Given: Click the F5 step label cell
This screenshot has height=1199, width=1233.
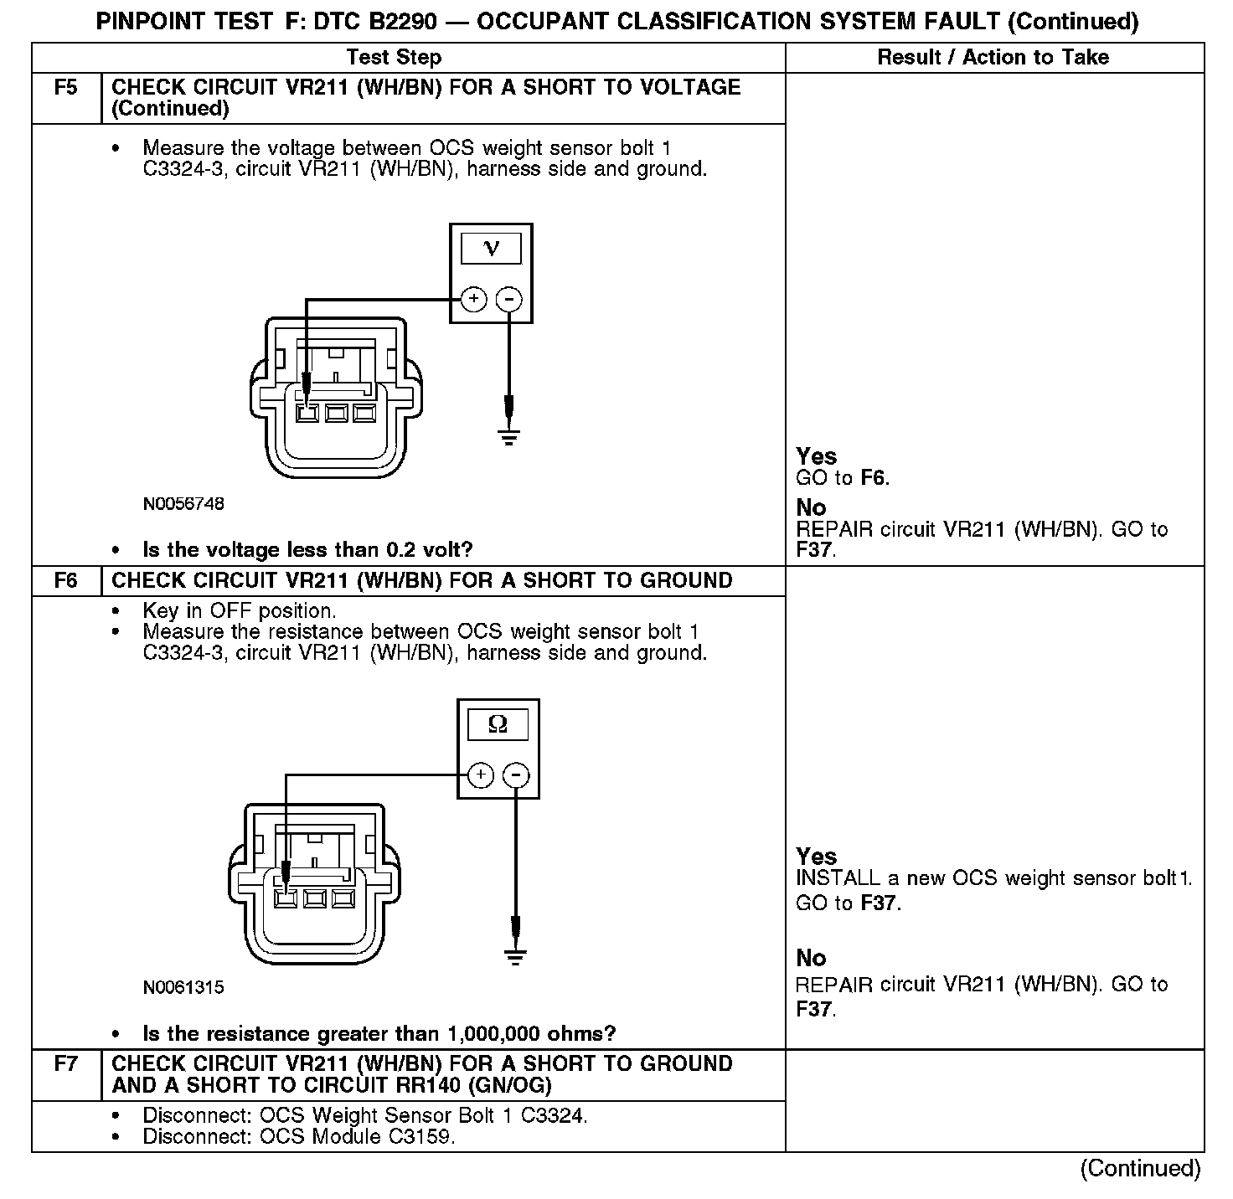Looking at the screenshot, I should (x=65, y=88).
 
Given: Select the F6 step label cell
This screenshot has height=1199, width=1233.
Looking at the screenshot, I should (x=65, y=580).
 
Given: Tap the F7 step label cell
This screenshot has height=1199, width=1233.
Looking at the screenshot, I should (x=65, y=1064).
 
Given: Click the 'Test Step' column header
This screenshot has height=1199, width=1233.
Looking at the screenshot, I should (x=394, y=57).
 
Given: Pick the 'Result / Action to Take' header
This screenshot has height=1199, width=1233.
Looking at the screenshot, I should (x=993, y=57).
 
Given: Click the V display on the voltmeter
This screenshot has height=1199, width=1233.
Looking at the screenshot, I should (x=492, y=249).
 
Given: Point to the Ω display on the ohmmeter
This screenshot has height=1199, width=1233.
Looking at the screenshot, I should (x=498, y=725).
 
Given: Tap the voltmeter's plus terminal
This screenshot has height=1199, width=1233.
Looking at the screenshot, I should (x=474, y=299).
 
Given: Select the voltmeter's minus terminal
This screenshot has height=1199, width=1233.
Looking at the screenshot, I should (x=509, y=299).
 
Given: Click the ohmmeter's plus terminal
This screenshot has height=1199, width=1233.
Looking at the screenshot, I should (x=481, y=775).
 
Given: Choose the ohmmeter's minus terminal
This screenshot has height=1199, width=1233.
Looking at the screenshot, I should (x=516, y=775).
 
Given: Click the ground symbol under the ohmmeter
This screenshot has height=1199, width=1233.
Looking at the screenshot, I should (x=516, y=957).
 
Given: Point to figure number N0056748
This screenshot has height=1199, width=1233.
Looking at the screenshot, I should (x=183, y=504).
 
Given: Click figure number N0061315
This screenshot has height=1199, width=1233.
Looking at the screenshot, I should (x=183, y=987).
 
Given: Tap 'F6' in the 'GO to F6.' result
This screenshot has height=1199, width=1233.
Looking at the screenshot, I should (x=874, y=478).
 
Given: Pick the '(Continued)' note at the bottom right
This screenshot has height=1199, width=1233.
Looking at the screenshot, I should (x=1140, y=1168).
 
